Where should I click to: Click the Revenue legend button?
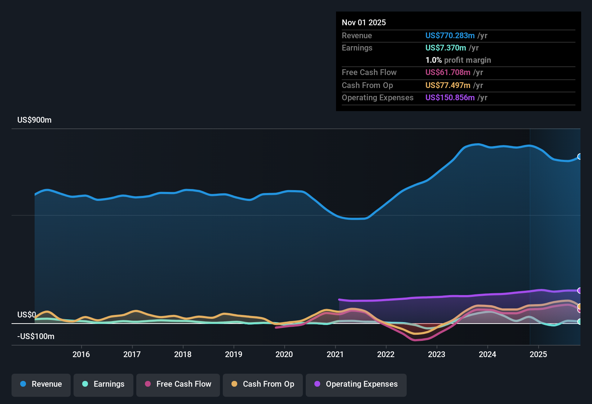(41, 385)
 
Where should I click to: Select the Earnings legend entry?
(103, 385)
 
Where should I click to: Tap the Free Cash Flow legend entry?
(178, 385)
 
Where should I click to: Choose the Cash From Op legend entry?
(263, 385)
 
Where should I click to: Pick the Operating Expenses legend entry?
(356, 385)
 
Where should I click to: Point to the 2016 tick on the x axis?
(81, 354)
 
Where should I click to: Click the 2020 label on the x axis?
(284, 354)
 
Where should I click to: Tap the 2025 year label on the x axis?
(538, 354)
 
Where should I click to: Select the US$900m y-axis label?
(34, 120)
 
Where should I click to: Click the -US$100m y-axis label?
(36, 337)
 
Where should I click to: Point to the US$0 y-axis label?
(26, 315)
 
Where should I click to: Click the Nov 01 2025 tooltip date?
(363, 23)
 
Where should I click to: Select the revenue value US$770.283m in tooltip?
(450, 36)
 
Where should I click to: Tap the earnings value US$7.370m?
(445, 48)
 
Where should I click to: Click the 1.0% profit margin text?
(458, 60)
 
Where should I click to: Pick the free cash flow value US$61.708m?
(447, 73)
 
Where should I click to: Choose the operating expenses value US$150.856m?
(450, 98)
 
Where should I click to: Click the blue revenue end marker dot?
(579, 157)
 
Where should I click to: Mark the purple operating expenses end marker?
(579, 290)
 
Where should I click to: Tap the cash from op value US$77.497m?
(447, 85)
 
